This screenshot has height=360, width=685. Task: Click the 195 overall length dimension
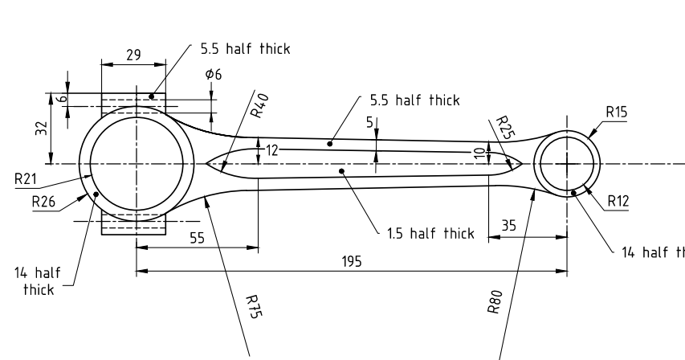click(x=352, y=262)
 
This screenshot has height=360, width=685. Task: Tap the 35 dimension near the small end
click(x=509, y=227)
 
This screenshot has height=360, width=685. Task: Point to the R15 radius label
click(x=617, y=113)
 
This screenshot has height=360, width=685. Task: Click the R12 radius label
click(x=618, y=201)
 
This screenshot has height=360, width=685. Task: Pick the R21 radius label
click(x=26, y=179)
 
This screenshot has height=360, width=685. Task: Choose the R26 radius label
click(x=43, y=202)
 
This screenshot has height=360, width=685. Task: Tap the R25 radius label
click(x=503, y=128)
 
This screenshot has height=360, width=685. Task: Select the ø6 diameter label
click(x=214, y=74)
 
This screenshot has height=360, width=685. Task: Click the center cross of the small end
click(x=568, y=164)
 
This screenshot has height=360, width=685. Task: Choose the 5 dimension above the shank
click(x=369, y=122)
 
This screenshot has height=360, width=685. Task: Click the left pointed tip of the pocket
click(x=207, y=164)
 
